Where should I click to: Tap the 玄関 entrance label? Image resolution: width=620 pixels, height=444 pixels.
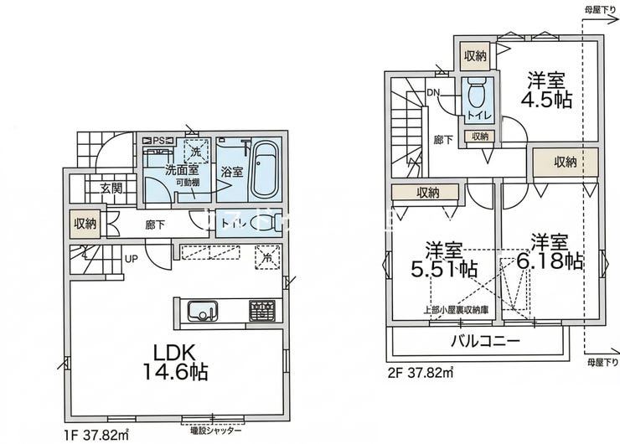[x=112, y=189]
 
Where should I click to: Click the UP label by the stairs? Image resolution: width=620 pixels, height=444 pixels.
[x=132, y=258]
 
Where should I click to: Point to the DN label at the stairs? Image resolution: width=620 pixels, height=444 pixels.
[x=434, y=93]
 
